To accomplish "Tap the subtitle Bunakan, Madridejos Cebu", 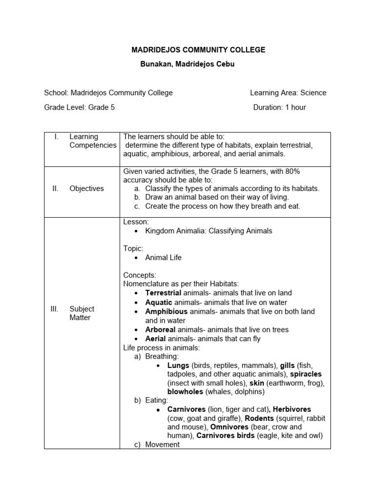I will [x=187, y=64].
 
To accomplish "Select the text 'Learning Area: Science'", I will [x=288, y=93].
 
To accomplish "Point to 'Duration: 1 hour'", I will [x=279, y=107].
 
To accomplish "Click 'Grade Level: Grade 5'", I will [x=80, y=107].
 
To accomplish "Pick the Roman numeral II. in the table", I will [x=55, y=189].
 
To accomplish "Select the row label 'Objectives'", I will [x=86, y=189].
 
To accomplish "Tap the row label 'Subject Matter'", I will [x=82, y=313].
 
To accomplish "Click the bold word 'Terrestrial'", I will [x=163, y=293].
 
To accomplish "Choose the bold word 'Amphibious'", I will [x=166, y=311].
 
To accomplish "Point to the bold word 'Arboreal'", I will [x=160, y=330].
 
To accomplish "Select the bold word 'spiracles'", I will [x=306, y=374].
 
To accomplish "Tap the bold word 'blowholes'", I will [x=186, y=391].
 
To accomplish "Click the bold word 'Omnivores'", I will [x=230, y=427].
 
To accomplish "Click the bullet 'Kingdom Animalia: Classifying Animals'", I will [x=208, y=230].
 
